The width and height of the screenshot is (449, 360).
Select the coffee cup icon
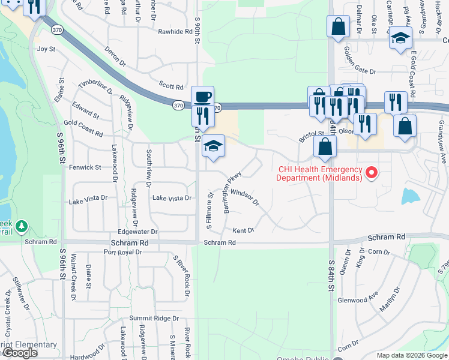202,98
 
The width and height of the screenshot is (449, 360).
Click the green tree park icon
22,226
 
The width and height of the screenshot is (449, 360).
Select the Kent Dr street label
243,230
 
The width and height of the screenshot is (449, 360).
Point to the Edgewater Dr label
137,231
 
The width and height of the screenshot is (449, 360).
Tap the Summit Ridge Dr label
154,318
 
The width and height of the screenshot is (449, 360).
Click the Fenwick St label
85,167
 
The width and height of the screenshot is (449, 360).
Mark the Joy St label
46,49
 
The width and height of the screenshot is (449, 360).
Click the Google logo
20,353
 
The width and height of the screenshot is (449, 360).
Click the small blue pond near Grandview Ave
410,196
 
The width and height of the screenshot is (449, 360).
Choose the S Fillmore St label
209,211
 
